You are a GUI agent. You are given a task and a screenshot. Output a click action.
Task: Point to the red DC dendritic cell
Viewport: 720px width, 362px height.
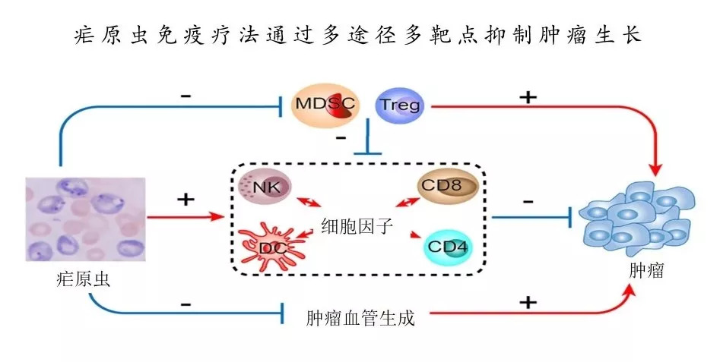(x=271, y=242)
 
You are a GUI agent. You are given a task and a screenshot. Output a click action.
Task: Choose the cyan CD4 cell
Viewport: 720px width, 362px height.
(x=449, y=247)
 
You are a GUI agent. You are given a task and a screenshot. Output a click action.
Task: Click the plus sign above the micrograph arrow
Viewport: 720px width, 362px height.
(x=185, y=199)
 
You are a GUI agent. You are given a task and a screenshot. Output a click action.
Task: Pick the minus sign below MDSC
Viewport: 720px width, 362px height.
(x=341, y=139)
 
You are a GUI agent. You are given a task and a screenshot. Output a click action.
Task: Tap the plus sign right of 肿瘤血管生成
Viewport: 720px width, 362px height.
(x=528, y=302)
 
